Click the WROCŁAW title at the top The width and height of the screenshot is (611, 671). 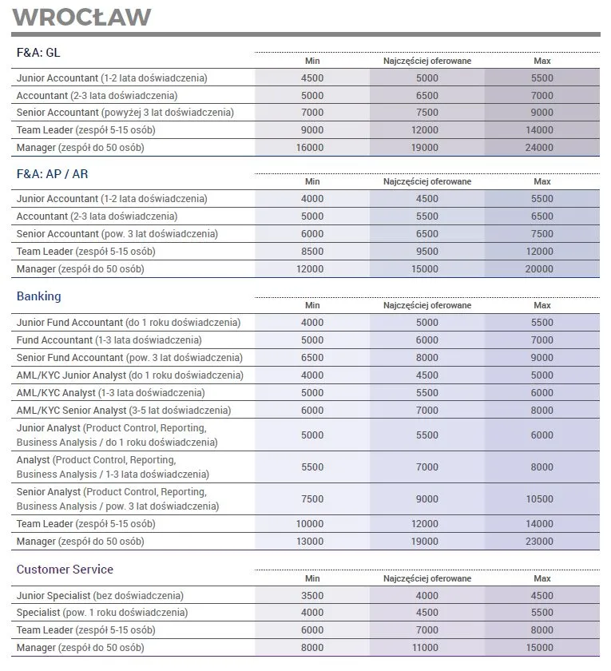[82, 17]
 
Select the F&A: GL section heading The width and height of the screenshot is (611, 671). [38, 53]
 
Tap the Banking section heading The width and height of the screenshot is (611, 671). [38, 296]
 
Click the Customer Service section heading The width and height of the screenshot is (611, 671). [65, 570]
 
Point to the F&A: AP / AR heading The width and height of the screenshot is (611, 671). [52, 173]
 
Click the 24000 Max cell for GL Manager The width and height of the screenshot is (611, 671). [542, 148]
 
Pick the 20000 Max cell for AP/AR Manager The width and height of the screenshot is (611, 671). [542, 269]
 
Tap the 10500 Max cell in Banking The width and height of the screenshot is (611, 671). [542, 499]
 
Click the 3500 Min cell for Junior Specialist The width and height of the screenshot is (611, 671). [312, 596]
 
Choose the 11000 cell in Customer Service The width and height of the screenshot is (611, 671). [427, 649]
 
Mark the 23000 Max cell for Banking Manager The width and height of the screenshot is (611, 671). [542, 542]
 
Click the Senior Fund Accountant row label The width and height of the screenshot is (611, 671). [129, 358]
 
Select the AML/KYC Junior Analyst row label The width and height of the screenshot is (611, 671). [129, 375]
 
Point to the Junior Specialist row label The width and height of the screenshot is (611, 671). [100, 596]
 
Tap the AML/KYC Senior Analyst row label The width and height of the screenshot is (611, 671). [124, 411]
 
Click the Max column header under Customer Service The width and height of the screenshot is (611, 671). [542, 578]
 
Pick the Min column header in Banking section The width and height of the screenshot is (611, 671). [312, 305]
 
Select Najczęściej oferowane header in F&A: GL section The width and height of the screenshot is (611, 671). [427, 61]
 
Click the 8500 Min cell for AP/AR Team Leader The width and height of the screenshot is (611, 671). [312, 252]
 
